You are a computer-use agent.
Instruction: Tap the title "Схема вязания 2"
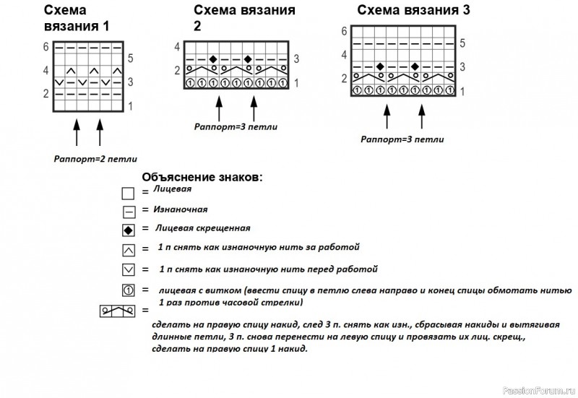pyautogui.click(x=244, y=17)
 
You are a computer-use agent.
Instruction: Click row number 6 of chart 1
pyautogui.click(x=46, y=47)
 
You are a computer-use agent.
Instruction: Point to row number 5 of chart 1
pyautogui.click(x=129, y=59)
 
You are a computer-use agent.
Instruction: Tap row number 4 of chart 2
pyautogui.click(x=177, y=47)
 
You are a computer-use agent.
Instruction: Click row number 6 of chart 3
pyautogui.click(x=344, y=31)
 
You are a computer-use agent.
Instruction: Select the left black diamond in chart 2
pyautogui.click(x=212, y=59)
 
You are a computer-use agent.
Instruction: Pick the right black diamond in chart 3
pyautogui.click(x=415, y=66)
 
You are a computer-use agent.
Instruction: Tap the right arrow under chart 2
pyautogui.click(x=254, y=109)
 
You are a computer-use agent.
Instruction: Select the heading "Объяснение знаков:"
pyautogui.click(x=203, y=177)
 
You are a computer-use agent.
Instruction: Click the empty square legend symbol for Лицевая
pyautogui.click(x=128, y=194)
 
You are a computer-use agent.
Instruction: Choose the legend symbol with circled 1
pyautogui.click(x=128, y=290)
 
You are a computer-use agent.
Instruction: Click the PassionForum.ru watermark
pyautogui.click(x=536, y=391)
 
